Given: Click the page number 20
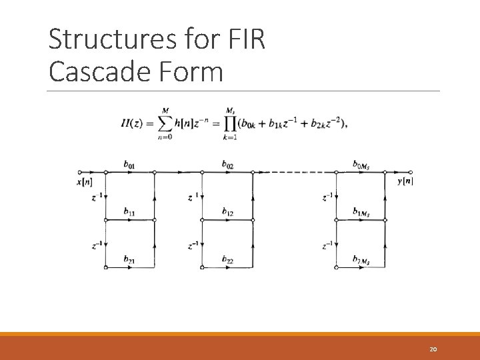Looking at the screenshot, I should point(433,349).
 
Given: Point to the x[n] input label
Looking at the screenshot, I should point(85,181).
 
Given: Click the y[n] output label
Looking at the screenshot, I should point(405,181).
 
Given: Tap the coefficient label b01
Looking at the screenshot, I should point(129,164).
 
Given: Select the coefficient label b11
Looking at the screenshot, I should point(129,211).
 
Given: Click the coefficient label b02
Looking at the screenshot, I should point(227,164).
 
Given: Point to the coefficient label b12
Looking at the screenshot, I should point(227,211).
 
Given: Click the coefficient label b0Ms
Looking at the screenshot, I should point(362,164).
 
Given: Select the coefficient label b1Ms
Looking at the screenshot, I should point(362,211).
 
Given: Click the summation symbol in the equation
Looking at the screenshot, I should point(163,123).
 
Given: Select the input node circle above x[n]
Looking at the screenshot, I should point(79,172).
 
